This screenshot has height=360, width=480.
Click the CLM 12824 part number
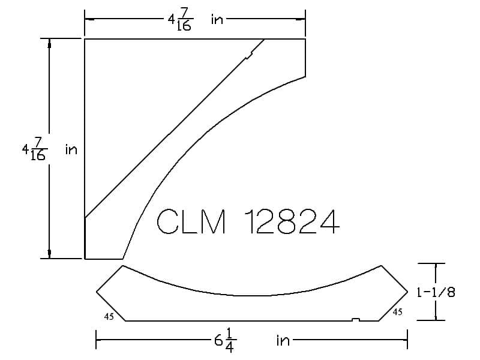coord(248,221)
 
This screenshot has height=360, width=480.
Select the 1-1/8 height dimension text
coord(436,292)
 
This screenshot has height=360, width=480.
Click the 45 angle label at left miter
coord(109,317)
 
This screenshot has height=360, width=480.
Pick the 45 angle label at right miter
coord(397,312)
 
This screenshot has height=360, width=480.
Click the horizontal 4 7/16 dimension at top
coord(181,19)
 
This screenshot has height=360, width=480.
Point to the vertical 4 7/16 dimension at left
coord(35,149)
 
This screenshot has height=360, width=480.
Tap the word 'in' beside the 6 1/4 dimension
coord(283,340)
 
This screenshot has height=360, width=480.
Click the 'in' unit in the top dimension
coord(217,19)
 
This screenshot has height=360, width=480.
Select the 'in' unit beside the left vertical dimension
coord(71,149)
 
